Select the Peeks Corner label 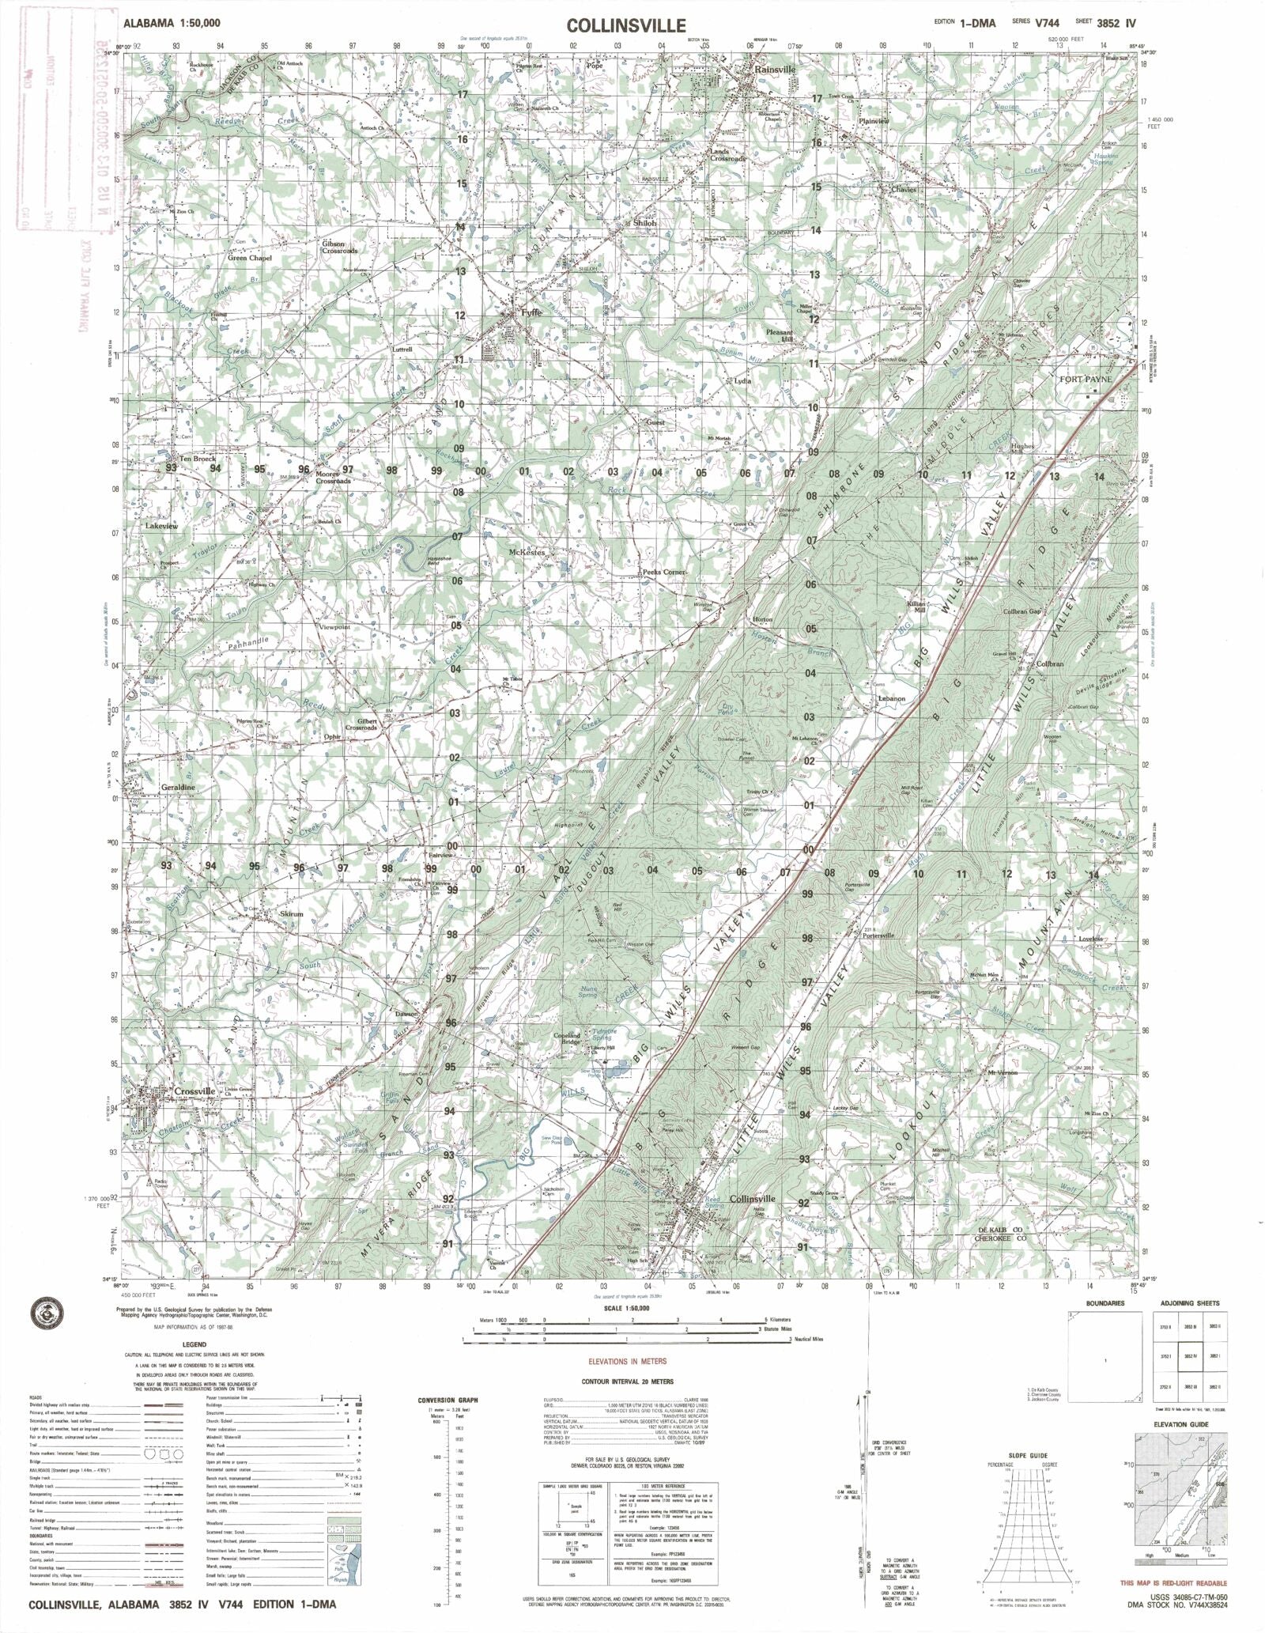click(663, 571)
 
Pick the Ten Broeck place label click(198, 459)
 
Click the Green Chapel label click(249, 259)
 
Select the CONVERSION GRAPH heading click(448, 1401)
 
